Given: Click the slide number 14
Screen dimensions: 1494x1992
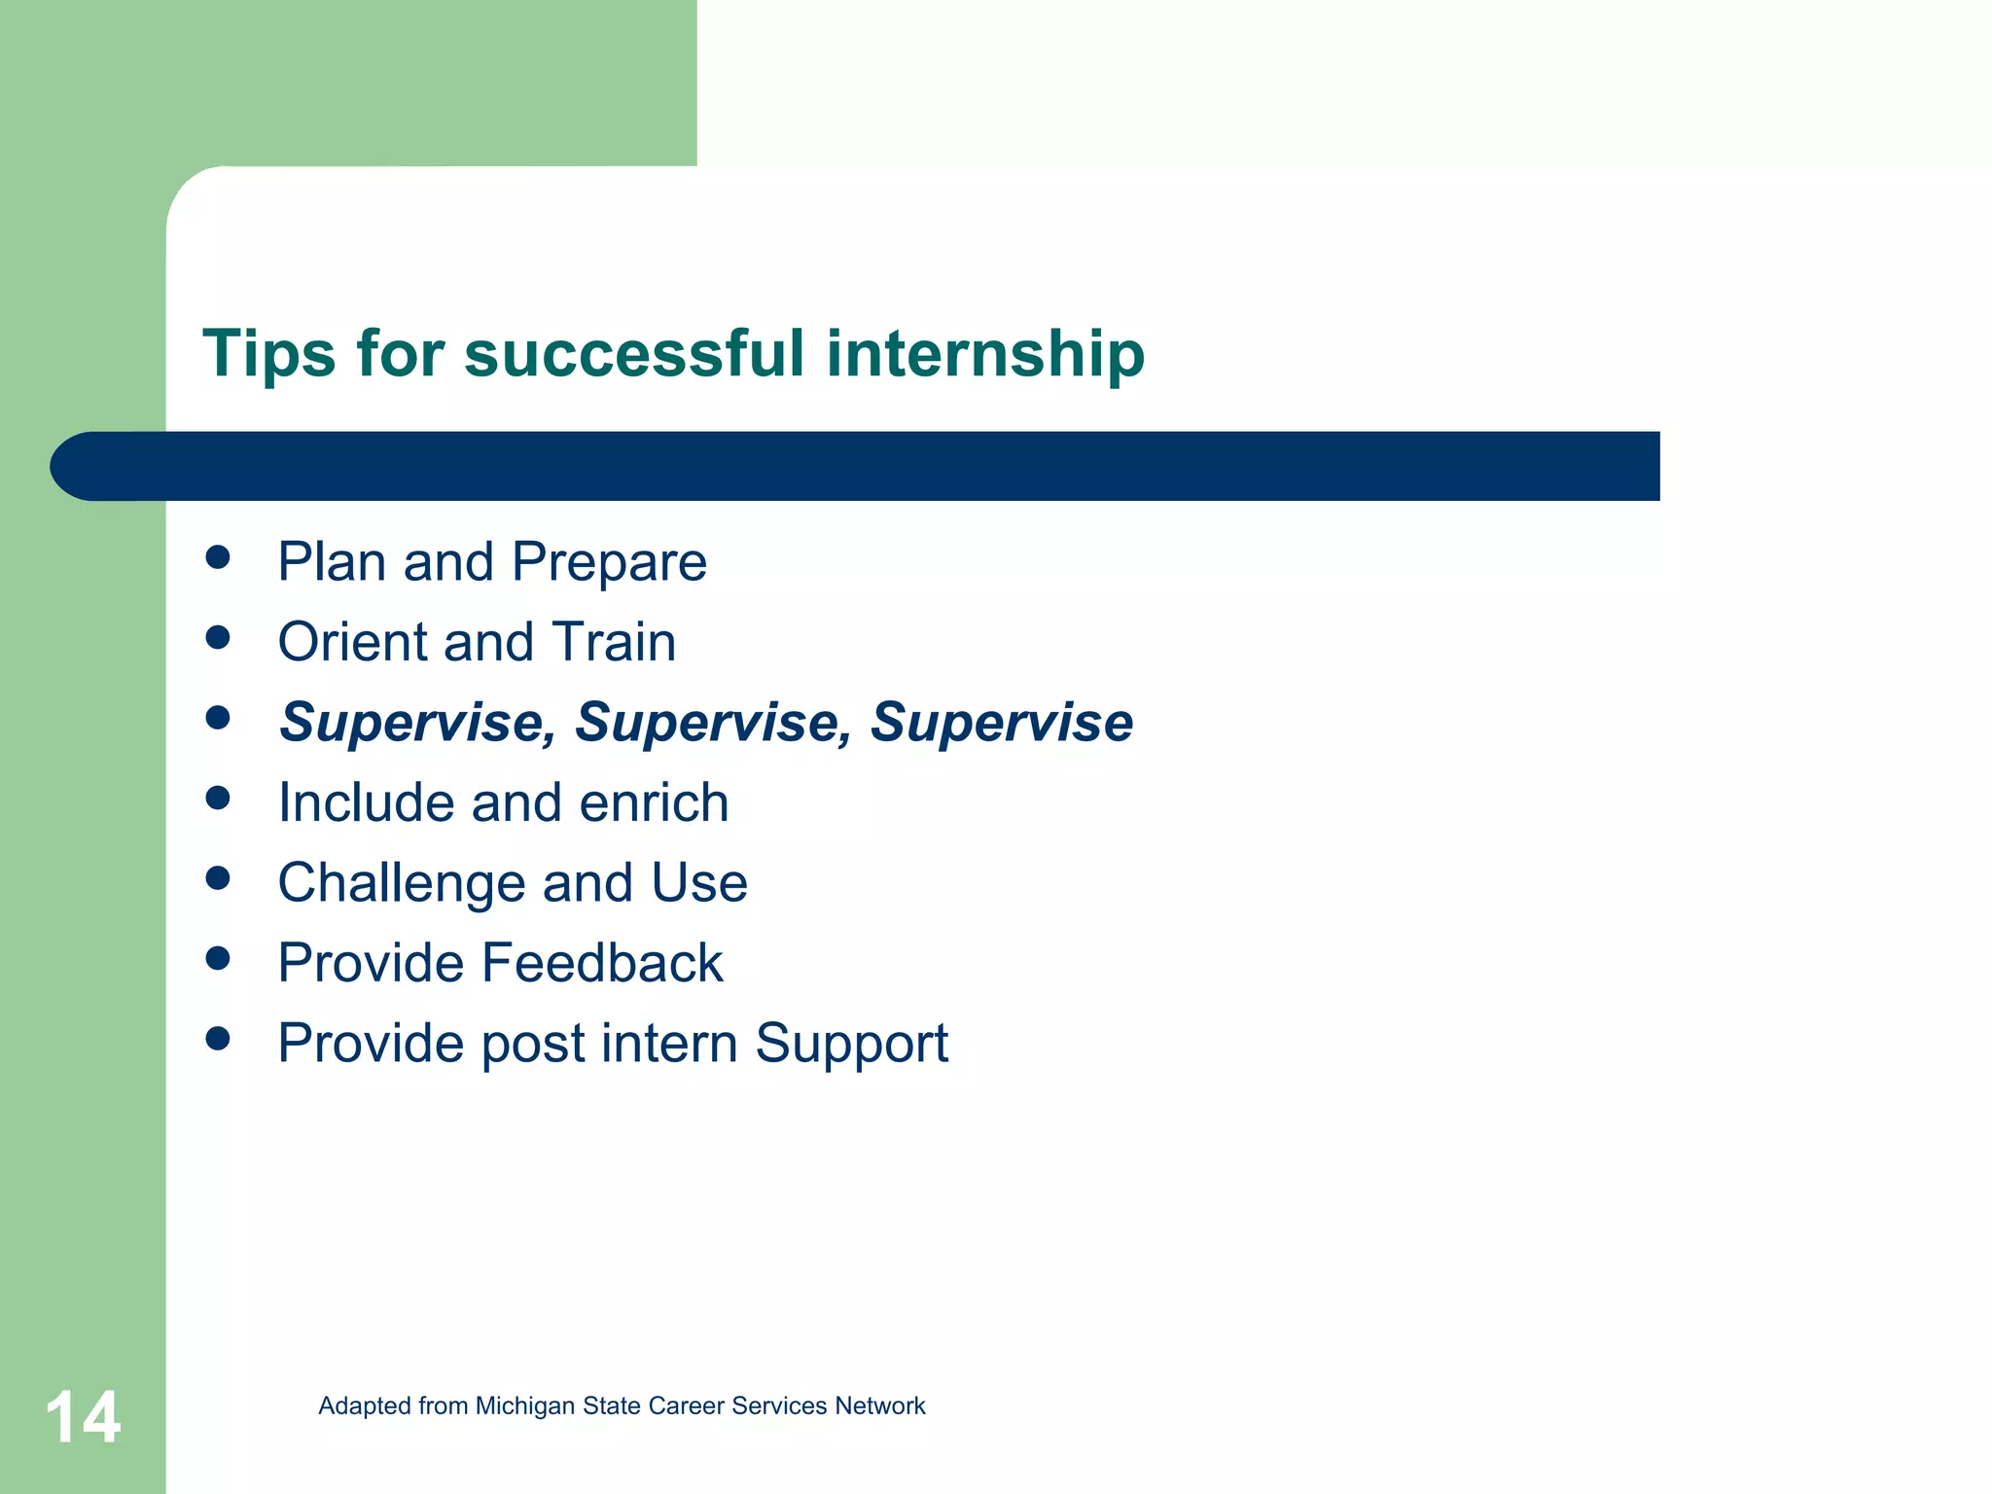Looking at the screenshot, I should point(84,1417).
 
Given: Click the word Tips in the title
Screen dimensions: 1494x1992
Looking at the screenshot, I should point(268,353).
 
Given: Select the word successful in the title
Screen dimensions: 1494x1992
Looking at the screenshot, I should point(634,353).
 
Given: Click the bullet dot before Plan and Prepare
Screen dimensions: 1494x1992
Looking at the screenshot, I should point(218,557).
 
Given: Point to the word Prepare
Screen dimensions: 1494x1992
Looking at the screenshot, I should point(609,563).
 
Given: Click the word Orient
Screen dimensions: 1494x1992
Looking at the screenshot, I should point(352,642).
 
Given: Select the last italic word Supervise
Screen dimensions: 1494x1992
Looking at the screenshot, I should point(1001,723).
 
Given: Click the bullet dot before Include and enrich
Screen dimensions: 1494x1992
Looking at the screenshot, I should point(218,798).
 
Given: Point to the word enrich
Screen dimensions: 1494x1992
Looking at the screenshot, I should point(654,803).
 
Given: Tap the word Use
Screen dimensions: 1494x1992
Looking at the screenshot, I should point(698,883).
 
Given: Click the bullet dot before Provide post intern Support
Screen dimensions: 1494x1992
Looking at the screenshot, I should point(218,1039).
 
